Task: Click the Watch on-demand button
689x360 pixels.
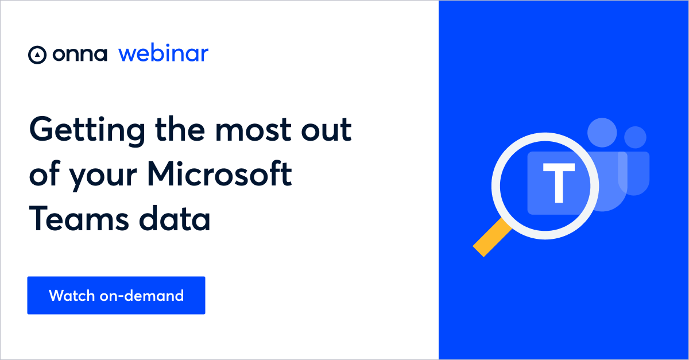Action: tap(116, 295)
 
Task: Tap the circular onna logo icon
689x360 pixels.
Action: tap(37, 55)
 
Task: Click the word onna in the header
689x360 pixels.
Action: tap(80, 55)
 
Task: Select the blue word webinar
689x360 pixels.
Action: tap(163, 53)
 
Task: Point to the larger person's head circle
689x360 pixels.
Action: tap(602, 133)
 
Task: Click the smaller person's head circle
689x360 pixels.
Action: tap(635, 137)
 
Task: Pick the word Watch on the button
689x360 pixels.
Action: tap(70, 295)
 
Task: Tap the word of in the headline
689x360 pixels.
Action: tap(44, 174)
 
